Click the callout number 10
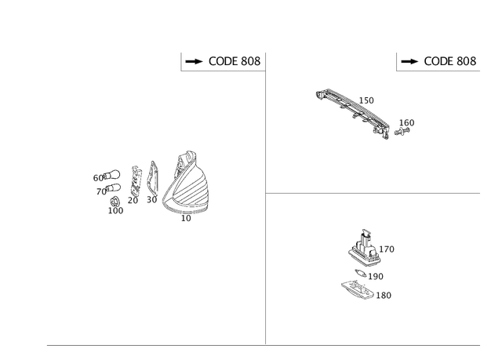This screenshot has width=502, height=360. point(186,218)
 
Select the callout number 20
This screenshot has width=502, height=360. point(133,200)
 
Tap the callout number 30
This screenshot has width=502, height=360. point(151,200)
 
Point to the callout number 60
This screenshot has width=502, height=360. point(98,178)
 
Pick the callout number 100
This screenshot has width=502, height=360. point(115,210)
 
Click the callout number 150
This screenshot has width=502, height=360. point(366,100)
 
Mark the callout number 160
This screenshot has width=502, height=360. point(406,122)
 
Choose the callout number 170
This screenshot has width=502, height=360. point(387,249)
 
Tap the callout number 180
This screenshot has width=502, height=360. point(384,295)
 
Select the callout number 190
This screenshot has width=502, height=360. point(376,276)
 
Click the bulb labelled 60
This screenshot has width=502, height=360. point(111,175)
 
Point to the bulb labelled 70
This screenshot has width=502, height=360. point(113,187)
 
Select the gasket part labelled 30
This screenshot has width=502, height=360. point(152,178)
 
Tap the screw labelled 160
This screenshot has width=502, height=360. point(402,131)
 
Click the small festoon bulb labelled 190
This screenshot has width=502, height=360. point(361,273)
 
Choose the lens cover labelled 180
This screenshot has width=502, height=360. point(358,289)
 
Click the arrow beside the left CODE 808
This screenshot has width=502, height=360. point(194,61)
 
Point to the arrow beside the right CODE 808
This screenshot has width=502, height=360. point(409,61)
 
